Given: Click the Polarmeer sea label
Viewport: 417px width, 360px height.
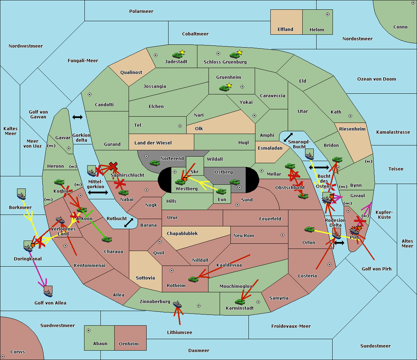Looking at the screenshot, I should pyautogui.click(x=141, y=11).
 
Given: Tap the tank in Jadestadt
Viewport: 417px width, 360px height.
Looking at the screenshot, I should pyautogui.click(x=177, y=55).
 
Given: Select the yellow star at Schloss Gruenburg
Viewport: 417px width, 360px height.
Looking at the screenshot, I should pyautogui.click(x=239, y=52).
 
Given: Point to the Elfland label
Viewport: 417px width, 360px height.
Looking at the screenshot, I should pyautogui.click(x=285, y=30).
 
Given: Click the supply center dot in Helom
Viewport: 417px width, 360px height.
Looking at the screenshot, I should pyautogui.click(x=327, y=14).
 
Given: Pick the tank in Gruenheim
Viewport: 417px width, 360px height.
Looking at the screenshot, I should pyautogui.click(x=224, y=88).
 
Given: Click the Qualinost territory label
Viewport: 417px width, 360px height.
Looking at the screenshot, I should pyautogui.click(x=131, y=73).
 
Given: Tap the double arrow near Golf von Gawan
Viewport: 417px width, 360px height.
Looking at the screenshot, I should pyautogui.click(x=77, y=117).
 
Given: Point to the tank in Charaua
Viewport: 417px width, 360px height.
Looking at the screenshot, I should pyautogui.click(x=107, y=239).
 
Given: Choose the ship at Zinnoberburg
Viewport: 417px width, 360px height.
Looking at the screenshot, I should pyautogui.click(x=177, y=304).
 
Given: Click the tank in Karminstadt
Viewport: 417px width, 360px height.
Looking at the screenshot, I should pyautogui.click(x=240, y=302).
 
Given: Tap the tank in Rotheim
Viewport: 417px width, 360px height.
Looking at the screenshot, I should pyautogui.click(x=193, y=279).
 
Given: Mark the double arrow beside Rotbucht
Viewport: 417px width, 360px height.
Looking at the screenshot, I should pyautogui.click(x=129, y=223).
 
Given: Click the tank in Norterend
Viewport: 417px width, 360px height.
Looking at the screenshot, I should pyautogui.click(x=155, y=163).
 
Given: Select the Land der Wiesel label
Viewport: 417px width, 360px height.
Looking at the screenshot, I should pyautogui.click(x=153, y=143).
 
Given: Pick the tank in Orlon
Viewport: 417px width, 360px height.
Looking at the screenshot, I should pyautogui.click(x=309, y=229).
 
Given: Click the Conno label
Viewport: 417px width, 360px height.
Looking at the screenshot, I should pyautogui.click(x=400, y=27).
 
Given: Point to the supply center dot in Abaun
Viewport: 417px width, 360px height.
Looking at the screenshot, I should pyautogui.click(x=89, y=330).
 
